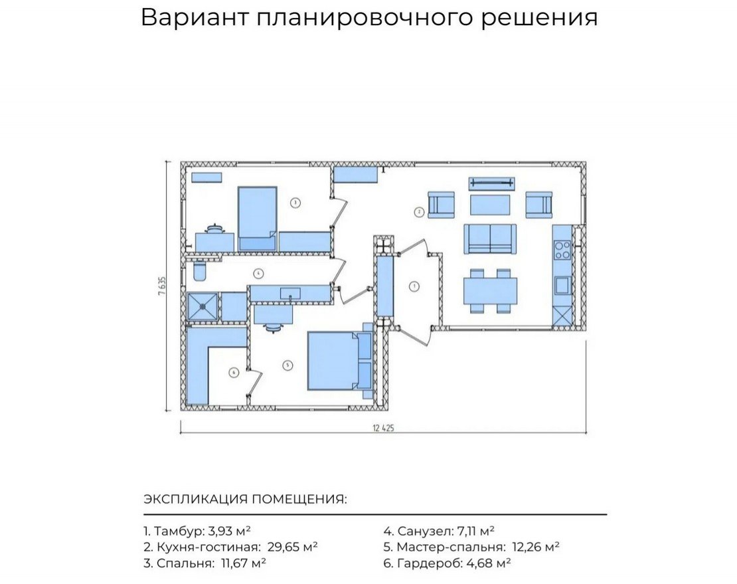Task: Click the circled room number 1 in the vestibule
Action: (414, 287)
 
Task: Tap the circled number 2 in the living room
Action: (419, 213)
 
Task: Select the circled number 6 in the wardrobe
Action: (233, 373)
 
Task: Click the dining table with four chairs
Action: (491, 290)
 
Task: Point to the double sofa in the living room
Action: (490, 238)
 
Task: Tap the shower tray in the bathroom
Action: (203, 306)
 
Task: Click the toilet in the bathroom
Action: (199, 272)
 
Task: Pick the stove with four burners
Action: (562, 249)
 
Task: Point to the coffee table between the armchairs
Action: (490, 204)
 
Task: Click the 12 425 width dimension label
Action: (384, 429)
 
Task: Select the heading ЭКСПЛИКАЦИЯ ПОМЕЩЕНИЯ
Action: (245, 500)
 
